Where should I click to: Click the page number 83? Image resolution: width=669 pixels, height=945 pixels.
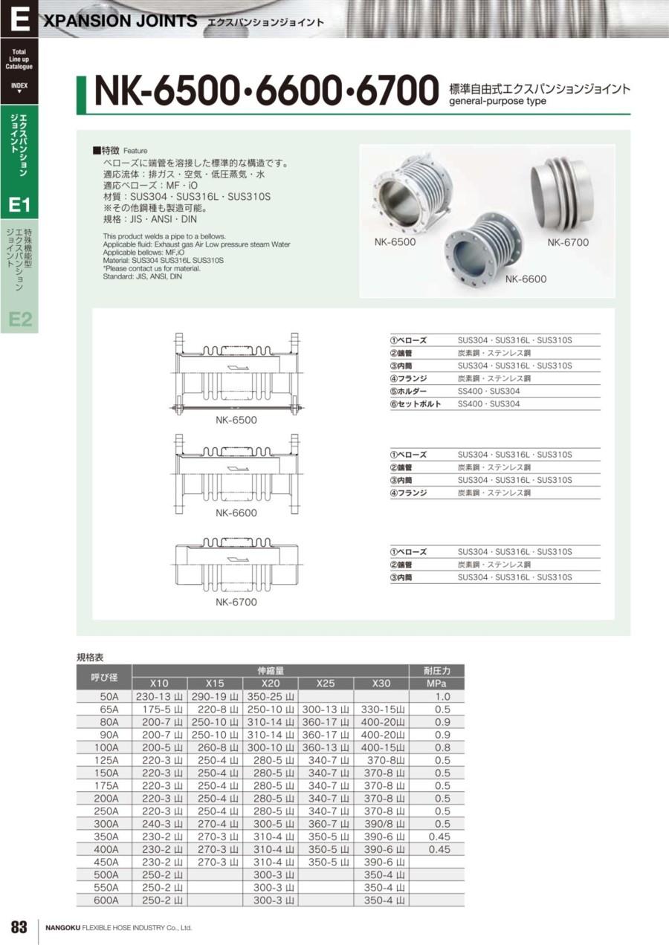point(19,926)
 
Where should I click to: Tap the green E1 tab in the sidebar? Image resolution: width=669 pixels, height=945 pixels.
point(19,204)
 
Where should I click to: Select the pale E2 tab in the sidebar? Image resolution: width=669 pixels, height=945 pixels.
point(19,319)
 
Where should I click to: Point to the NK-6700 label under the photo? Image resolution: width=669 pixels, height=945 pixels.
point(568,242)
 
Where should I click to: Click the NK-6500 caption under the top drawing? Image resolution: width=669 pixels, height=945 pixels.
point(236,420)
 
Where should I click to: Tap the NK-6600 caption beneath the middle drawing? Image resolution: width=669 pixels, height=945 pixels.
point(236,513)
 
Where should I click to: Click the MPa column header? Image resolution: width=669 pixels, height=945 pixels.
point(436,683)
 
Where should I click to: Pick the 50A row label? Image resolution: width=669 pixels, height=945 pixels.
point(109,697)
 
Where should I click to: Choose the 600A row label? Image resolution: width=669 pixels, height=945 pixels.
point(106,900)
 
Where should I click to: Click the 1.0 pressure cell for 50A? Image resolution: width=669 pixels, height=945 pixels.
point(443,697)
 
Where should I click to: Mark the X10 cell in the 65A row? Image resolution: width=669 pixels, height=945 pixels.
point(159,709)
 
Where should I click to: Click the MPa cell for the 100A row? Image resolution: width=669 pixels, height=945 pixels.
point(443,747)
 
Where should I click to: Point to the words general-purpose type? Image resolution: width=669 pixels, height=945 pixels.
point(497,102)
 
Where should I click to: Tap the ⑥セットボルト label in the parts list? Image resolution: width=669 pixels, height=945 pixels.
point(416,404)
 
